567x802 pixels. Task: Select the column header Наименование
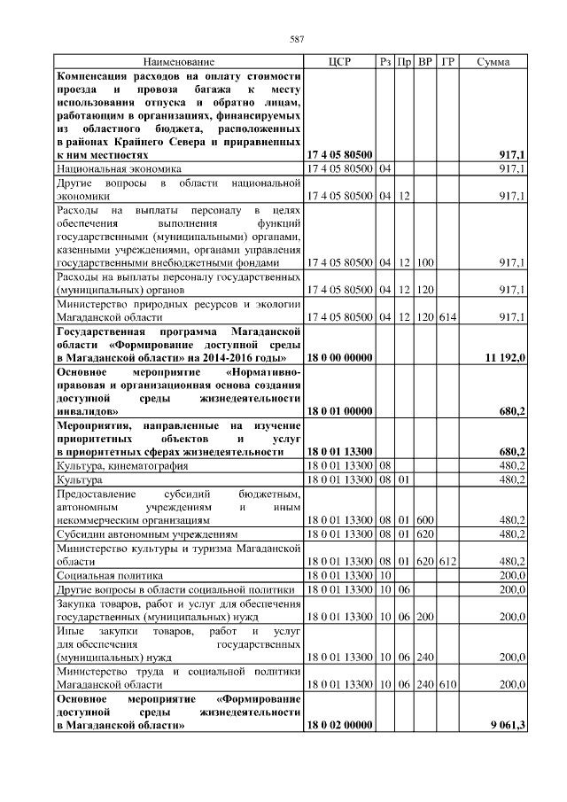tap(179, 62)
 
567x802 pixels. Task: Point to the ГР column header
tap(447, 62)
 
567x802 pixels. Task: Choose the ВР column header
tap(425, 62)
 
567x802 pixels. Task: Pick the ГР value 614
tap(447, 316)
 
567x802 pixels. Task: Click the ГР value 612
tap(447, 561)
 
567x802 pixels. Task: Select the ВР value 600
tap(425, 520)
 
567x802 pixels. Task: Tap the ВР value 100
tap(425, 263)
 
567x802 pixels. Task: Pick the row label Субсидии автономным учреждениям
tap(147, 534)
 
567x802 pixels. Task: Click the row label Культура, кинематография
tap(119, 465)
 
